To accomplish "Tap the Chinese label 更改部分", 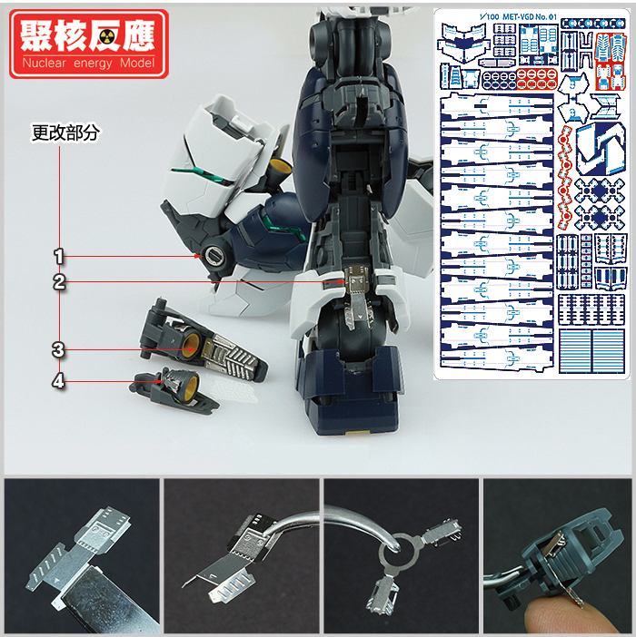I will (65, 132).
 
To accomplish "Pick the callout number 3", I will (59, 349).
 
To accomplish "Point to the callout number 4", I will (59, 382).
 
